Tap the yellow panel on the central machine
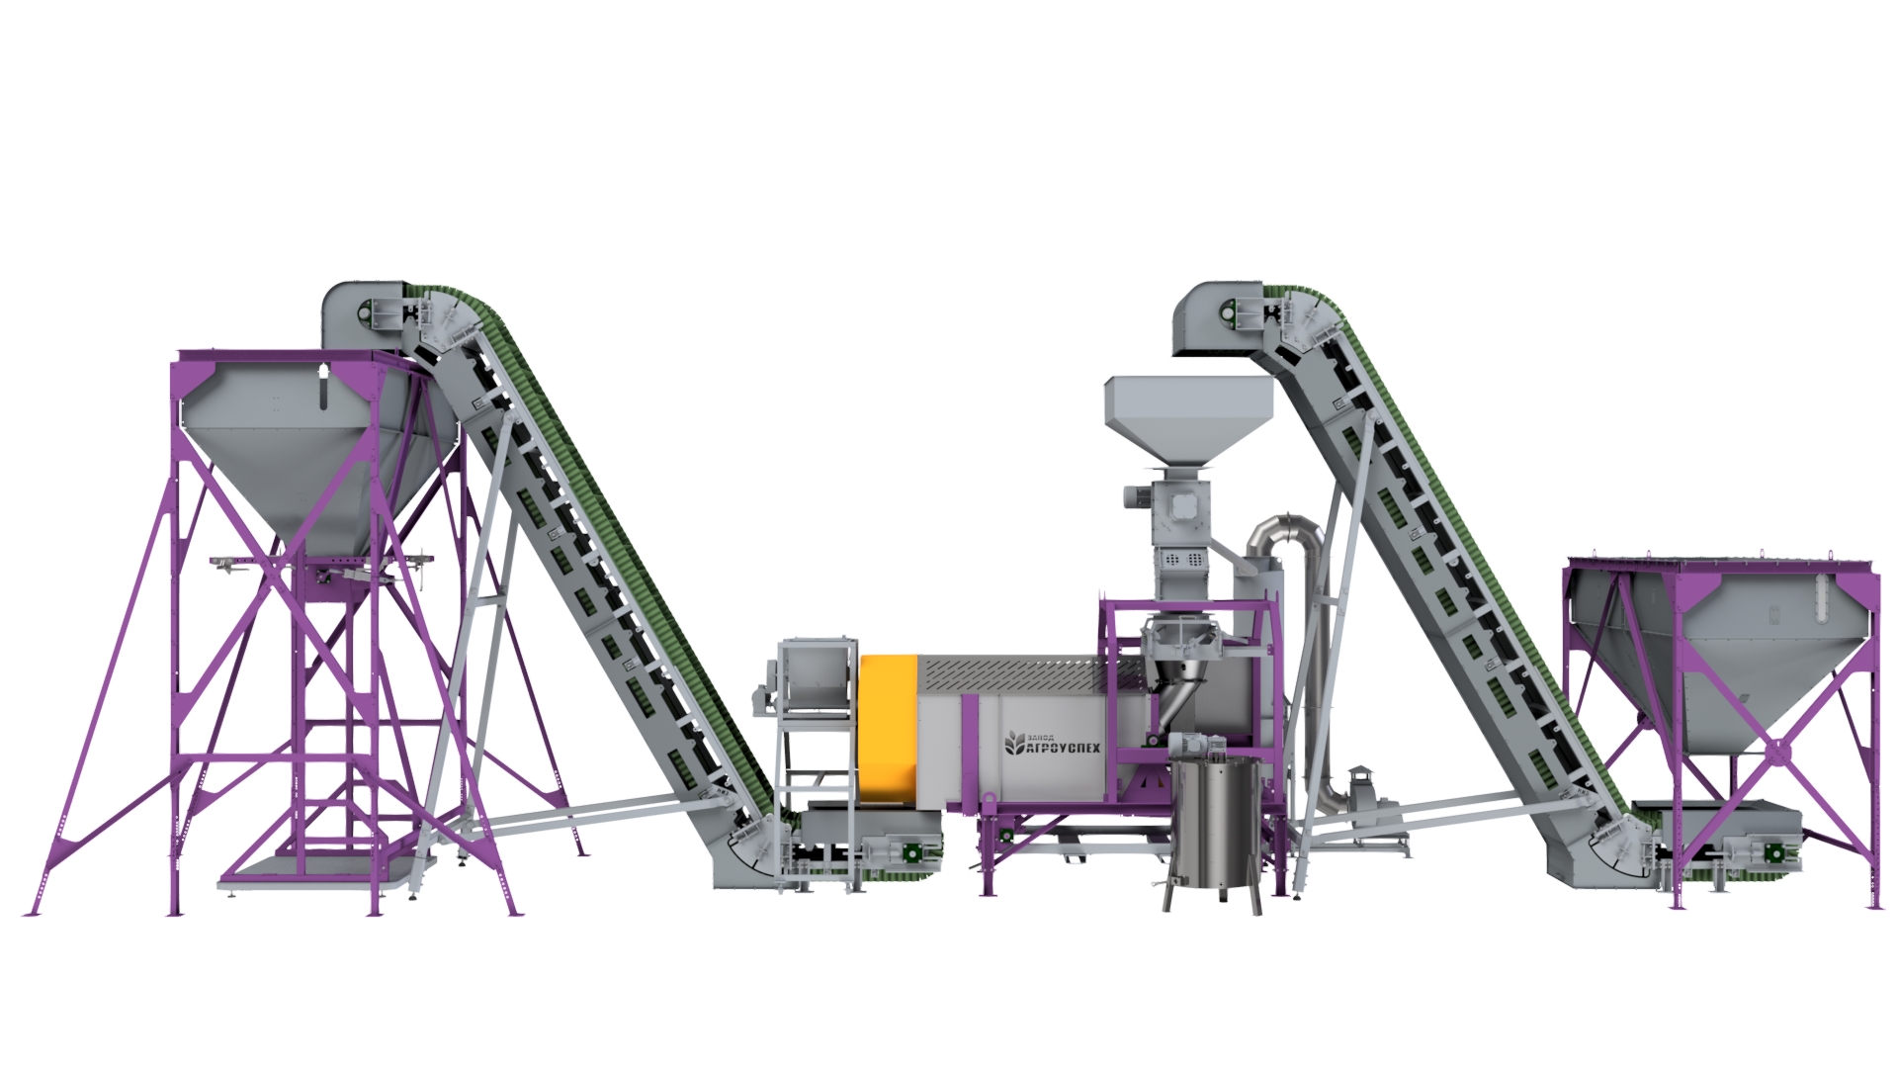(x=889, y=728)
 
